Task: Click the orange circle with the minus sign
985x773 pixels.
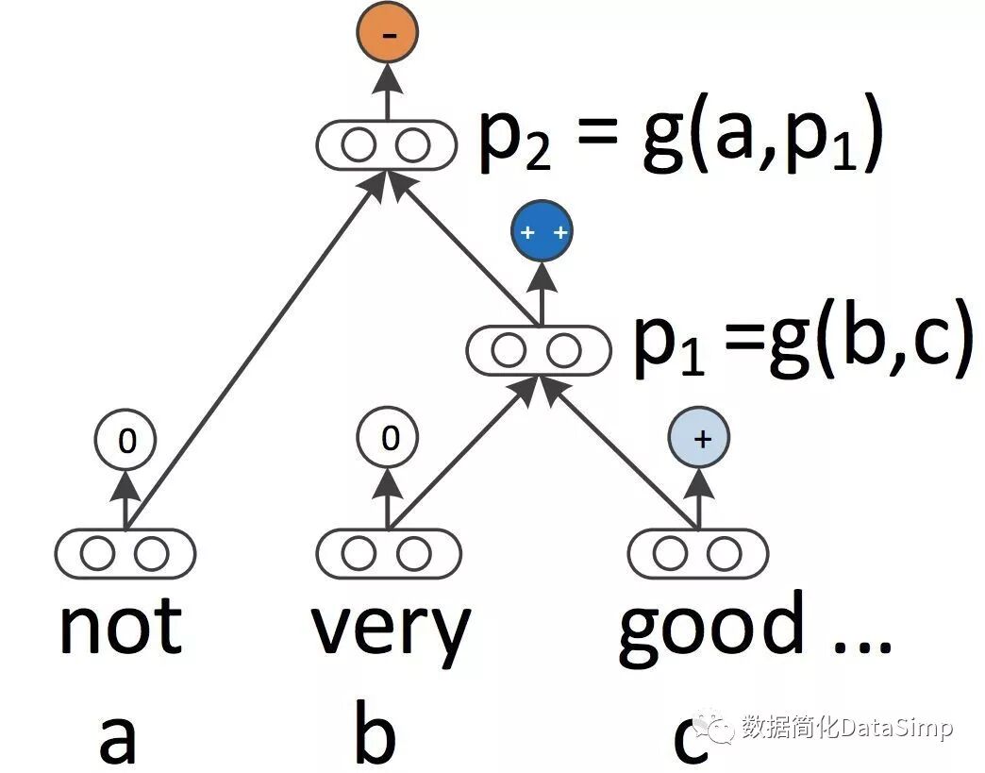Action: click(x=387, y=35)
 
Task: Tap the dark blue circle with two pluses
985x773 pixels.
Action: click(x=542, y=232)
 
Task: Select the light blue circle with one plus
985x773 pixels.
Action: click(x=698, y=439)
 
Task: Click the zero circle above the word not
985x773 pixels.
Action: click(x=125, y=439)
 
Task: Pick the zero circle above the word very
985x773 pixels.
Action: click(x=388, y=439)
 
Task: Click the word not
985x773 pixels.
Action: click(x=121, y=627)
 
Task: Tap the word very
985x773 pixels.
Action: click(x=391, y=630)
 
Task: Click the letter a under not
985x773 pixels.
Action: click(x=118, y=739)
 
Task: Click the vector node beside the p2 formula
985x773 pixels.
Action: click(x=385, y=146)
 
